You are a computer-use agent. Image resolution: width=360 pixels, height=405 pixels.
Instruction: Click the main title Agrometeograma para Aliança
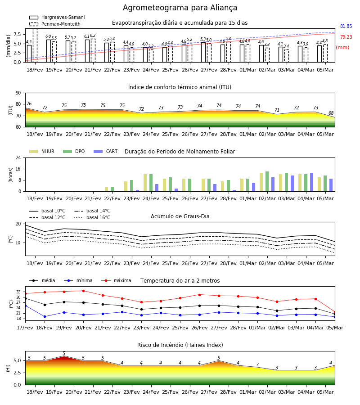coord(180,8)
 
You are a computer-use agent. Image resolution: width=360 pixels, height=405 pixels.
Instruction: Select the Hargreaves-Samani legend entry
coord(57,17)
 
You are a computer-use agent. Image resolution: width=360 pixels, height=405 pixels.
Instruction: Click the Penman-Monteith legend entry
coord(55,24)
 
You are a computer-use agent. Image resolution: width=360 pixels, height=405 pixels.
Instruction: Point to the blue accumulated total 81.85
coord(346,26)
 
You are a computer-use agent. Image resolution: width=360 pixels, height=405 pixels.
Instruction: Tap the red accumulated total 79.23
coord(346,37)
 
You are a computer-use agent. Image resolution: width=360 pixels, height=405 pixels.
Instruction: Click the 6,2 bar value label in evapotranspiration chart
coord(93,36)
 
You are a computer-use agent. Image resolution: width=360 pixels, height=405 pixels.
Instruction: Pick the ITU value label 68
coord(331,113)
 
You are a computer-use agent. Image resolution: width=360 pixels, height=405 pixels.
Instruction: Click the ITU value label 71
coord(277,110)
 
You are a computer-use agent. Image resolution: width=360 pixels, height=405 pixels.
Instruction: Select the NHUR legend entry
coord(42,151)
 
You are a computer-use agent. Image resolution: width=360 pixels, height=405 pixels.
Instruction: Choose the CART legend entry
coord(106,151)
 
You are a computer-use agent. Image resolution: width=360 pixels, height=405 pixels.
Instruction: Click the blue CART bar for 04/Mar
coord(312,182)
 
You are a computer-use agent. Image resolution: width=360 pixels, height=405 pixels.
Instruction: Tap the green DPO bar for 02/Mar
coord(267,181)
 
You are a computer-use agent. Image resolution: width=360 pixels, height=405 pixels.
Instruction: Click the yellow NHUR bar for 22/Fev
coord(106,189)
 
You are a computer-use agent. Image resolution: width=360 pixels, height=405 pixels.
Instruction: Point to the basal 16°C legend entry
coord(92,217)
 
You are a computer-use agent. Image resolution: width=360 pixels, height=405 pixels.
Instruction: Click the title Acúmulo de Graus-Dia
coord(180,216)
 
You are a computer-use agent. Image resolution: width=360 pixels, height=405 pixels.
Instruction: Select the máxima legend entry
coord(116,280)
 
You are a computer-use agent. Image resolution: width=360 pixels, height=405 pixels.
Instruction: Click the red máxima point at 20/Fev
coord(83,291)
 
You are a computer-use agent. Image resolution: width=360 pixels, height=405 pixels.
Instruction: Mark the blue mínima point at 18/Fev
coord(45,316)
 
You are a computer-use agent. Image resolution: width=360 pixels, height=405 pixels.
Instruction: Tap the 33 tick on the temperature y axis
coord(18,292)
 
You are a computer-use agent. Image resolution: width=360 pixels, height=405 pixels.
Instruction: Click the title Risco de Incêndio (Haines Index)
coord(180,345)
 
